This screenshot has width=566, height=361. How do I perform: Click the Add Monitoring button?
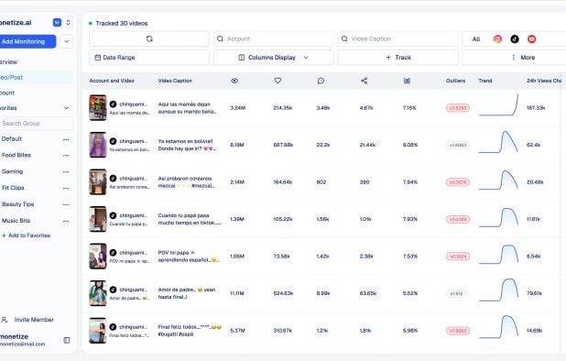27,41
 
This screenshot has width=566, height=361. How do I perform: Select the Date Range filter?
149,57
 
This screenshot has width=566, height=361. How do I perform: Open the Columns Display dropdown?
273,57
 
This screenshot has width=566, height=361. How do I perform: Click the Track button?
398,57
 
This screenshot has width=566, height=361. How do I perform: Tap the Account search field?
273,39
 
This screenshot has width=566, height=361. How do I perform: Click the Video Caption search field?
398,39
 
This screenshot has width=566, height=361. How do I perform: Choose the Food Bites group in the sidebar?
16,155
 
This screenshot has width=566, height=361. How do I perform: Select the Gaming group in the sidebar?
13,171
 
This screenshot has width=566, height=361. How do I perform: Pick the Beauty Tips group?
18,203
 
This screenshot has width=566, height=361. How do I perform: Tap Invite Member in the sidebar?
33,320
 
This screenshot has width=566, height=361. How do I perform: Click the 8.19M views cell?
237,145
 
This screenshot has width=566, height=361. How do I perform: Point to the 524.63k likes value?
282,293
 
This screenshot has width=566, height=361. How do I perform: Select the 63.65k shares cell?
367,293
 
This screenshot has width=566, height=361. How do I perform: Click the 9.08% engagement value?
409,145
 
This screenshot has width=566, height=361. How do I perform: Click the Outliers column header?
456,81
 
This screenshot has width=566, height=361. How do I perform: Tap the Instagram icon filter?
497,39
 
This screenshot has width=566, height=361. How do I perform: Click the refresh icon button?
149,39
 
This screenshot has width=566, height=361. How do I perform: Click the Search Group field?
35,123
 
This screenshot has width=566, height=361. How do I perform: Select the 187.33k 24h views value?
536,107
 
